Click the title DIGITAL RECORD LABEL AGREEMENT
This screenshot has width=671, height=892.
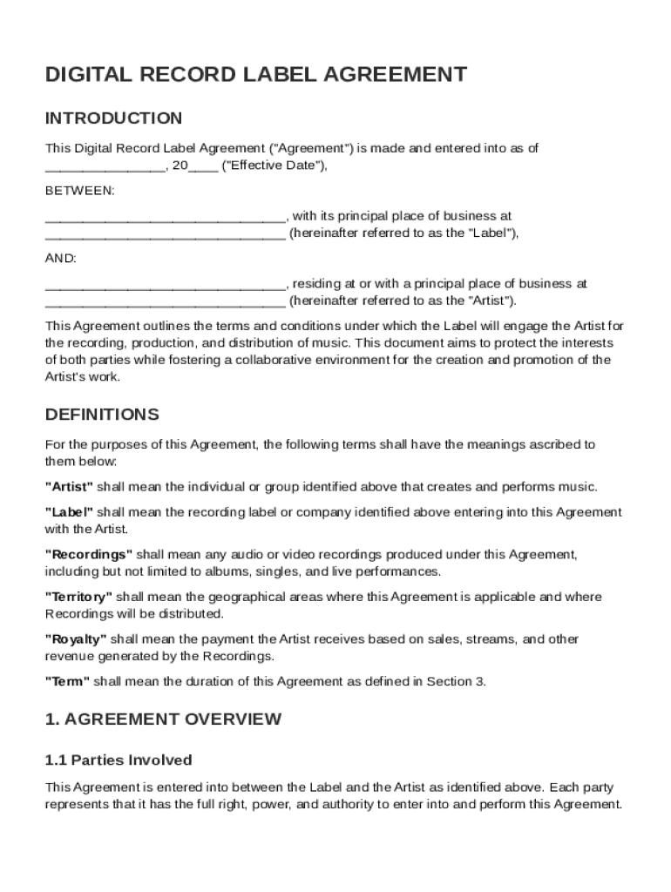[x=256, y=75]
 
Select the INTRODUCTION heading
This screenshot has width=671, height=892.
[x=114, y=118]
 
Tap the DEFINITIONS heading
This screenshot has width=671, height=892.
[x=102, y=414]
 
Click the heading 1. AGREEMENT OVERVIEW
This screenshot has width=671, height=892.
[x=163, y=719]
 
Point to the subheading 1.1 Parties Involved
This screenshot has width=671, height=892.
[x=119, y=760]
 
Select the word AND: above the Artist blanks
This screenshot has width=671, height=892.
[x=61, y=259]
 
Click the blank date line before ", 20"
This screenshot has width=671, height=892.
[x=105, y=166]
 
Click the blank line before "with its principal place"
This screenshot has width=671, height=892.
[x=165, y=216]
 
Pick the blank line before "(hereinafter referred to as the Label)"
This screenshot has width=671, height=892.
[x=165, y=233]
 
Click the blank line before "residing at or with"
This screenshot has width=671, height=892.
[x=165, y=284]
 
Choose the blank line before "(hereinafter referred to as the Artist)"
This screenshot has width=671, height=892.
[x=165, y=301]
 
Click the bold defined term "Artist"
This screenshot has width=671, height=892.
[x=69, y=486]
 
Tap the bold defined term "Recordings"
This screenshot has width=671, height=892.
[x=89, y=554]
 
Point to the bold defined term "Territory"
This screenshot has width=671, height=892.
[x=78, y=597]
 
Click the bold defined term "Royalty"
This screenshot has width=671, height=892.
[x=76, y=639]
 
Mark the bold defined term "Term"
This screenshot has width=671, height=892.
[x=67, y=681]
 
